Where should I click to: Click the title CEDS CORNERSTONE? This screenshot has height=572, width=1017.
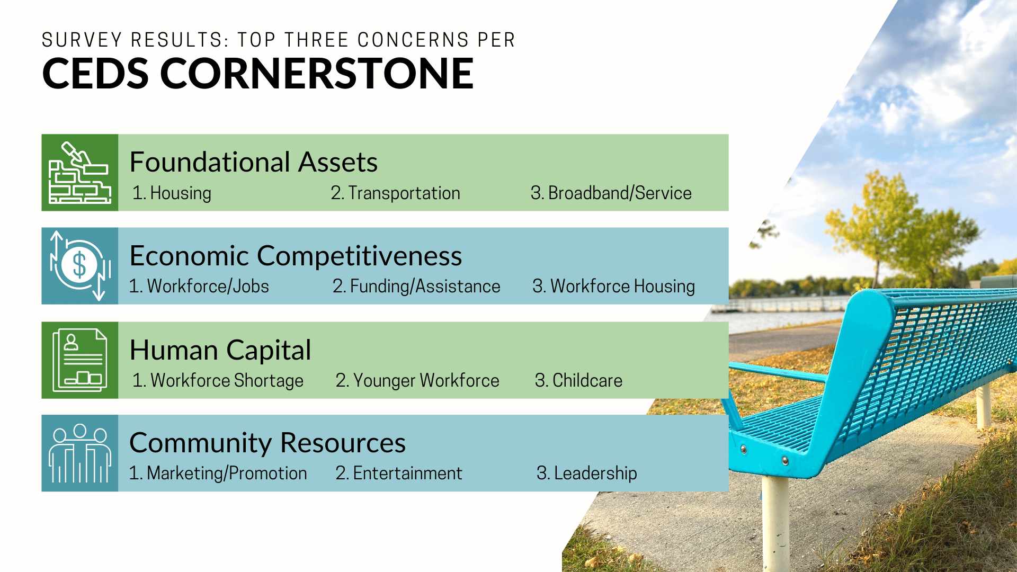(x=257, y=74)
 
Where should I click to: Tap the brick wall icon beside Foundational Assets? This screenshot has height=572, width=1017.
(x=80, y=173)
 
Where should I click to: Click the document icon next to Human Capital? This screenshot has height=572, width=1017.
(x=80, y=360)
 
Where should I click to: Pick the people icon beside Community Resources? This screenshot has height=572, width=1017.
(x=80, y=453)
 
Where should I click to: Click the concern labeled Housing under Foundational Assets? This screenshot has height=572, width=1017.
(x=172, y=193)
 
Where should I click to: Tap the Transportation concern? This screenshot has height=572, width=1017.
(x=396, y=193)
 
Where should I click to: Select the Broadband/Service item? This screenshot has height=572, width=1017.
(x=611, y=193)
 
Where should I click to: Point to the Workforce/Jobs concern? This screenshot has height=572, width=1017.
(x=199, y=287)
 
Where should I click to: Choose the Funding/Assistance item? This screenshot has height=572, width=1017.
(x=416, y=287)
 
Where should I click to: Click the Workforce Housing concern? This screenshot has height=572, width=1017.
(x=614, y=287)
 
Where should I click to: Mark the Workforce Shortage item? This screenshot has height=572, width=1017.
(x=218, y=381)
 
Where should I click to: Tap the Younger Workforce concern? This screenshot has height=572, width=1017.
(x=417, y=381)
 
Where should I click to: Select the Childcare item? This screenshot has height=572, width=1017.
(x=579, y=381)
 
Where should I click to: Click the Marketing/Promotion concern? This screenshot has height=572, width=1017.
(x=218, y=473)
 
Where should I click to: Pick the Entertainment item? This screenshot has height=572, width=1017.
(x=399, y=473)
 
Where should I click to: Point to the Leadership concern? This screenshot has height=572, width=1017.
(x=587, y=473)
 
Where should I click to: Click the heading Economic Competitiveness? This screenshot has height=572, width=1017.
(x=296, y=256)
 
